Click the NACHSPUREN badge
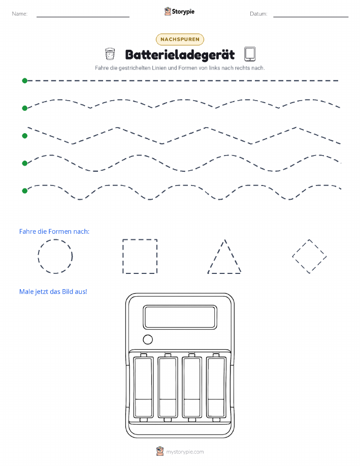tap(180, 39)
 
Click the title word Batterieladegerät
tap(180, 55)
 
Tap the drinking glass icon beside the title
tap(110, 54)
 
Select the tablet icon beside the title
tap(250, 54)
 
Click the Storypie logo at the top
tap(179, 12)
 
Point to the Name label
tap(20, 14)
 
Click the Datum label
tap(258, 14)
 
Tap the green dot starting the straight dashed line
tap(25, 80)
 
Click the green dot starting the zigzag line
tap(25, 136)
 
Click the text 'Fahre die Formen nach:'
tap(54, 232)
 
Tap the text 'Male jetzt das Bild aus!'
tap(53, 292)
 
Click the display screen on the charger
tap(180, 317)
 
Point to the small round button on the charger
tap(148, 339)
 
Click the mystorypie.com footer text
tap(185, 452)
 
